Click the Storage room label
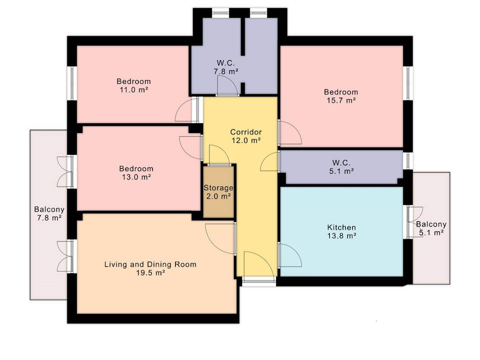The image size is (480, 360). click(218, 188)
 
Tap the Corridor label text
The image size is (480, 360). click(246, 132)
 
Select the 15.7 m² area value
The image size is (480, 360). click(341, 100)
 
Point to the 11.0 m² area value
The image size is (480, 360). click(134, 90)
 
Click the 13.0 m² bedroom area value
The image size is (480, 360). click(136, 177)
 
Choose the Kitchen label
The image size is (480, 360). click(342, 227)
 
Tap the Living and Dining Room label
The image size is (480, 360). click(150, 264)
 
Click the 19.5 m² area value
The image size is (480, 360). click(150, 273)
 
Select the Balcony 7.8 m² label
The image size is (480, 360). click(49, 213)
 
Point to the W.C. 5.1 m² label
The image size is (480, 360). click(342, 167)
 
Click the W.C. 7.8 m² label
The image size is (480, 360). click(226, 67)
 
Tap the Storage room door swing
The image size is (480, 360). click(219, 154)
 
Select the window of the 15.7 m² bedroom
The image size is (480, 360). click(408, 83)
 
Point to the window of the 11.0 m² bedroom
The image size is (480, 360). click(72, 83)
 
